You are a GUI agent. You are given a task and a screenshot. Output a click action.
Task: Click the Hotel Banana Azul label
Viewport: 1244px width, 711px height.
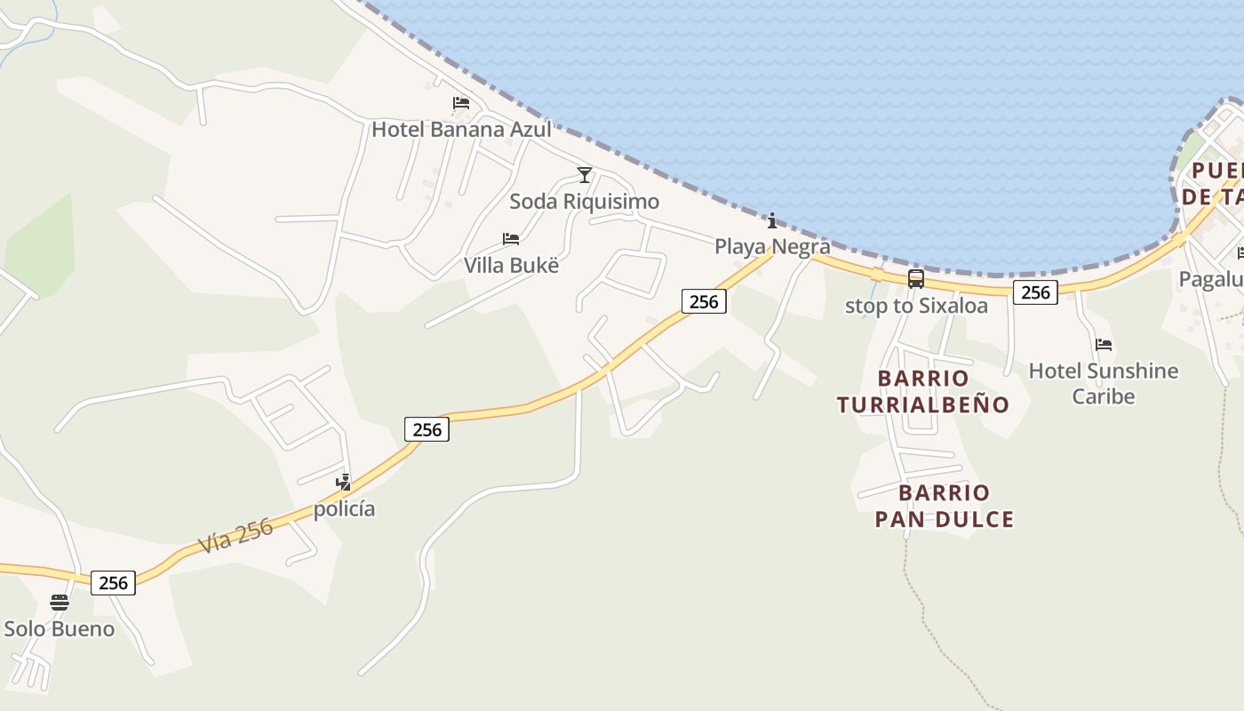coord(461,130)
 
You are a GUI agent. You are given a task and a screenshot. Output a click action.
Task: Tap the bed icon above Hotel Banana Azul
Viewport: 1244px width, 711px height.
coord(460,103)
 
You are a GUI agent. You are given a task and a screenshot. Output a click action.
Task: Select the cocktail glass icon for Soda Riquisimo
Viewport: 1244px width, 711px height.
coord(584,174)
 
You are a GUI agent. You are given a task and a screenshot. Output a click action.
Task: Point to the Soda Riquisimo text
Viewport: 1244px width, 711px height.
coord(584,202)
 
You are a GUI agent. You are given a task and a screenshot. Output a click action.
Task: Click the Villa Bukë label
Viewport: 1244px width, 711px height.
coord(511,265)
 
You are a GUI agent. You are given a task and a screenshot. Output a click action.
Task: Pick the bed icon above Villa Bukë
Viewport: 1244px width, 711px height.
coord(510,238)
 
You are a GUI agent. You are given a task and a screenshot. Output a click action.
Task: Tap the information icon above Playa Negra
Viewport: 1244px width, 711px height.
coord(771,220)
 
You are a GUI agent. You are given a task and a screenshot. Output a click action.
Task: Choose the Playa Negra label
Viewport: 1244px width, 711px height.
coord(772,246)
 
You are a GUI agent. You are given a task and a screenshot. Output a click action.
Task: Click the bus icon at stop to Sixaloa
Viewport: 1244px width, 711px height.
coord(915,279)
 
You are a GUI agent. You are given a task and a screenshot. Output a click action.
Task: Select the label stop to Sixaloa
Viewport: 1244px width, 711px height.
coord(915,306)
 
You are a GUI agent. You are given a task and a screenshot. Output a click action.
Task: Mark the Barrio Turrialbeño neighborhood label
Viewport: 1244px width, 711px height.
coord(923,391)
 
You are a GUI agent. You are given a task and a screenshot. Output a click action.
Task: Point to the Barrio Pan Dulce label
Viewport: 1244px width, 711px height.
coord(944,506)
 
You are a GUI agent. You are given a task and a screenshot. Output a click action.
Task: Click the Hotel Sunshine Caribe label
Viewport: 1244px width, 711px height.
coord(1103,383)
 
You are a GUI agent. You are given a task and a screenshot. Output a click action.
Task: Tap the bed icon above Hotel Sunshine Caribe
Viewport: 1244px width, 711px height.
coord(1104,344)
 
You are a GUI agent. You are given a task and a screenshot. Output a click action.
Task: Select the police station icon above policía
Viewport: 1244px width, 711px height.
coord(343,483)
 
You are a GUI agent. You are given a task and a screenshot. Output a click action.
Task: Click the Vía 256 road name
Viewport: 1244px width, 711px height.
coord(235,536)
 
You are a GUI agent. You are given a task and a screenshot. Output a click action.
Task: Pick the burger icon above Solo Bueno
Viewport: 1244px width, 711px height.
coord(60,603)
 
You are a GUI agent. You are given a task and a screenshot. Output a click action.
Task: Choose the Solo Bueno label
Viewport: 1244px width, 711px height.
coord(60,629)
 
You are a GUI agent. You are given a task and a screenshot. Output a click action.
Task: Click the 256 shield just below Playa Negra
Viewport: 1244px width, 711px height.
coord(704,301)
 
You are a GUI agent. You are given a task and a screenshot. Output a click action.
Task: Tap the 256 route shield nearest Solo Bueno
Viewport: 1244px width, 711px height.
coord(113,583)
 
